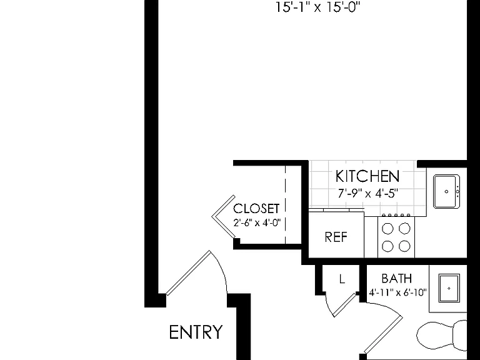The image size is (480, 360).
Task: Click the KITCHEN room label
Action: pyautogui.click(x=367, y=176)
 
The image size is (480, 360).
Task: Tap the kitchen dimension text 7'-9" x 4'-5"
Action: pyautogui.click(x=368, y=194)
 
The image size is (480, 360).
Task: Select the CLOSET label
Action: pyautogui.click(x=256, y=209)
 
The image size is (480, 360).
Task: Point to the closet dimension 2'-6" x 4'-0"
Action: pyautogui.click(x=257, y=222)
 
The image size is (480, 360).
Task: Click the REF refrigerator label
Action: pyautogui.click(x=336, y=237)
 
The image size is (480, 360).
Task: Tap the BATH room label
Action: pyautogui.click(x=397, y=279)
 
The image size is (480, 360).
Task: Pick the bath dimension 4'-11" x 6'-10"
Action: pyautogui.click(x=397, y=292)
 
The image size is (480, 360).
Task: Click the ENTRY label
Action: pyautogui.click(x=196, y=332)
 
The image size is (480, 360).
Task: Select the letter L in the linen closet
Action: pyautogui.click(x=342, y=279)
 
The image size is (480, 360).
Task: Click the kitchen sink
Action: pyautogui.click(x=447, y=192)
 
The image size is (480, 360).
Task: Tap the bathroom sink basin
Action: pyautogui.click(x=449, y=288)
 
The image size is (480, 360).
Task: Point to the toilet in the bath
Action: pyautogui.click(x=442, y=336)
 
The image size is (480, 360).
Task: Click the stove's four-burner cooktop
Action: pyautogui.click(x=396, y=237)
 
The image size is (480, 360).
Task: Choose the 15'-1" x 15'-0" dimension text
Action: pyautogui.click(x=318, y=7)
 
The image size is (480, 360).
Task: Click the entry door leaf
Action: pyautogui.click(x=189, y=273)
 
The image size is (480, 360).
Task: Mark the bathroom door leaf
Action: pyautogui.click(x=383, y=334)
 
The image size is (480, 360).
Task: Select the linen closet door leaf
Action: pyautogui.click(x=345, y=305)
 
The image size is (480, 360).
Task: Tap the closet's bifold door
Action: pyautogui.click(x=224, y=216)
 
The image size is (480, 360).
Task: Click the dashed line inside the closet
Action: pyautogui.click(x=285, y=205)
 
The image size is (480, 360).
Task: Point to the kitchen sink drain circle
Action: pyautogui.click(x=446, y=192)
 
